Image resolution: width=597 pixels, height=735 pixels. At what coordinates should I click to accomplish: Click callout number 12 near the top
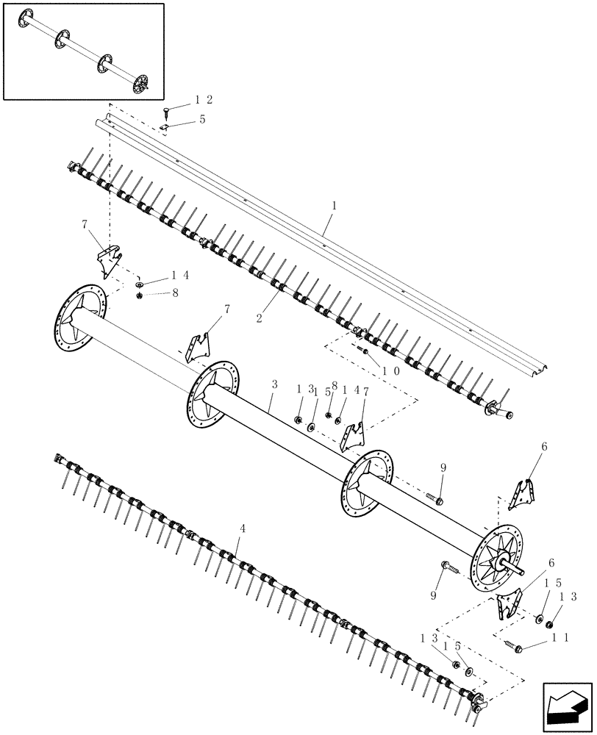pos(204,99)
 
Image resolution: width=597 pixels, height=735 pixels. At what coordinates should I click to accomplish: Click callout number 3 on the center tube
pos(273,385)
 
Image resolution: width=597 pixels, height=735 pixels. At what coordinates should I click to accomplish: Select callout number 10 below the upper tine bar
pos(390,371)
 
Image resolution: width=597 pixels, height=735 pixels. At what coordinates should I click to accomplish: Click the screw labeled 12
pos(166,111)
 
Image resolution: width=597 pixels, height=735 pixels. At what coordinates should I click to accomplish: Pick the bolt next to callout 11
pos(513,645)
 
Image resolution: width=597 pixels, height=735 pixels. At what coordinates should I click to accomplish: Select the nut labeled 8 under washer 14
pos(140,295)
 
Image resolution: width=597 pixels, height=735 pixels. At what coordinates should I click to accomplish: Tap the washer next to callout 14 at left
pos(140,283)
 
